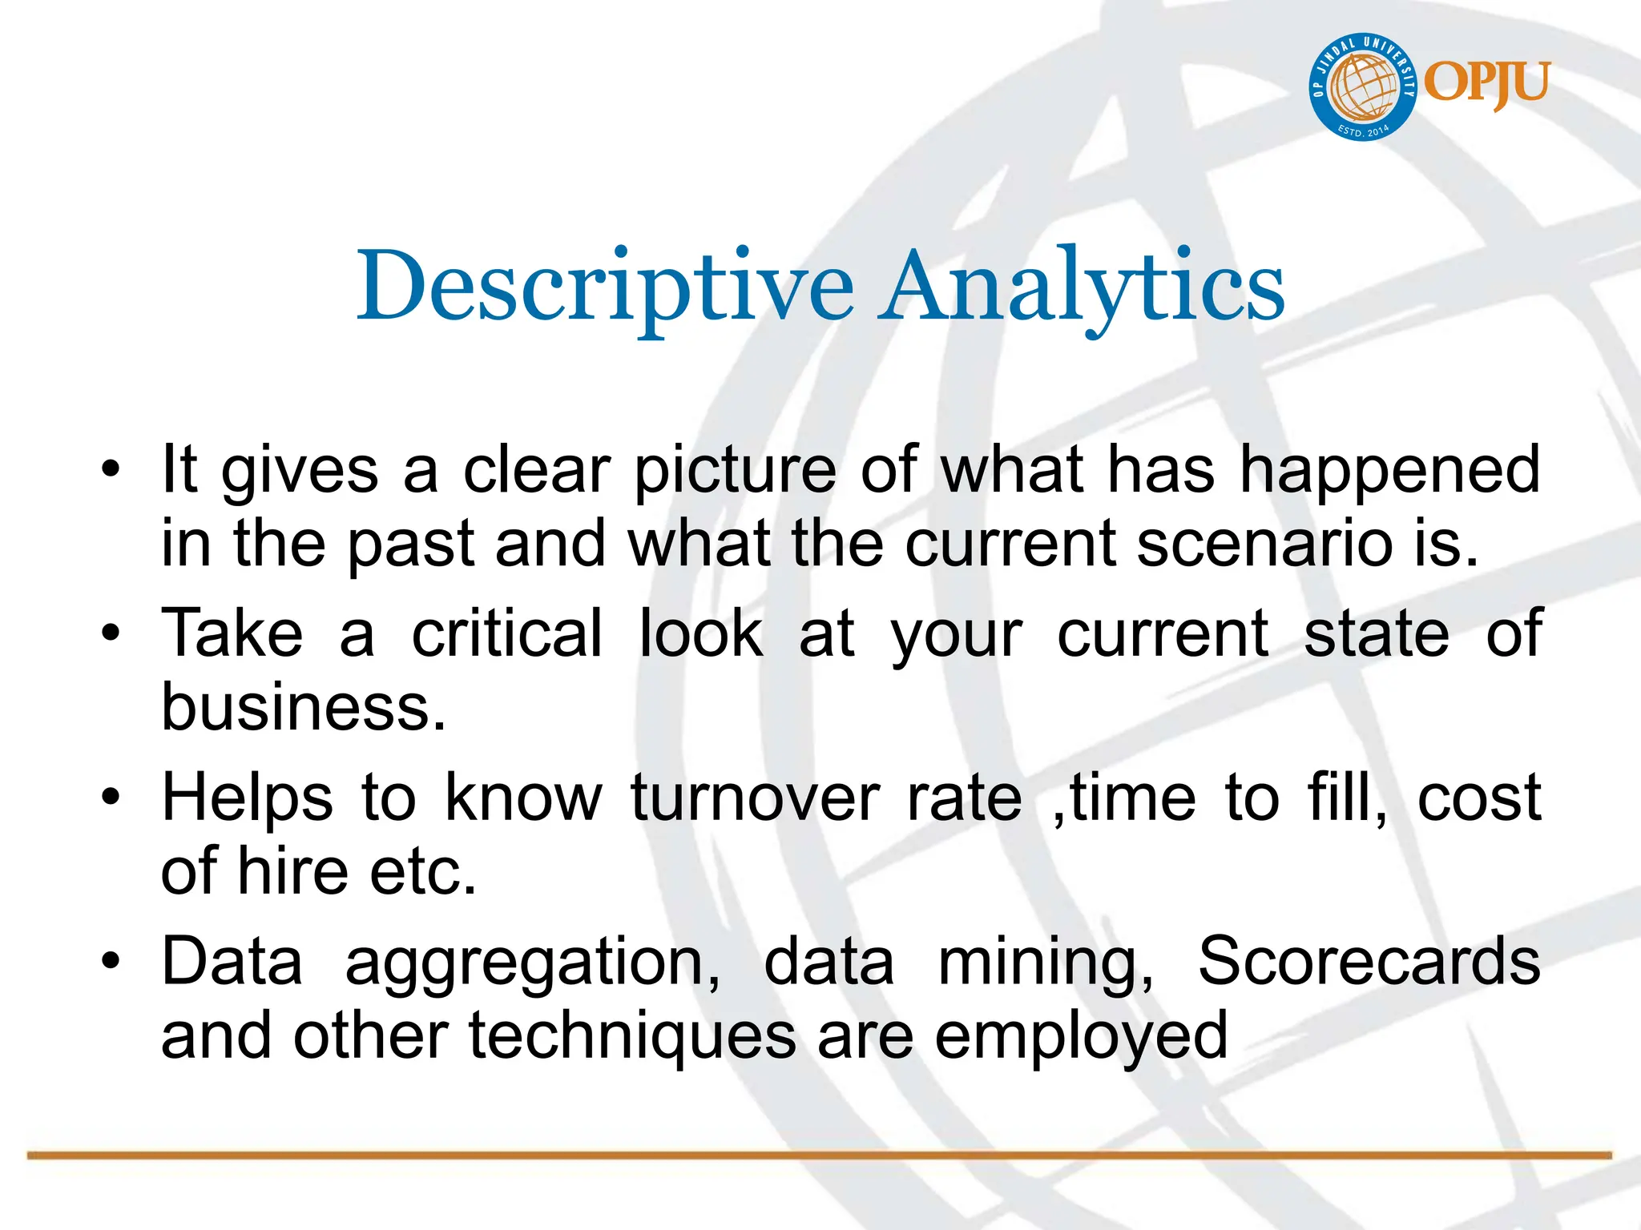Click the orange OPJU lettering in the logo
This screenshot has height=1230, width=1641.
click(x=1487, y=83)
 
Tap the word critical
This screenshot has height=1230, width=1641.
click(x=506, y=633)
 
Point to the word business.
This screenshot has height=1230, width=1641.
click(x=303, y=708)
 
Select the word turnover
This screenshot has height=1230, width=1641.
click(x=755, y=798)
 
